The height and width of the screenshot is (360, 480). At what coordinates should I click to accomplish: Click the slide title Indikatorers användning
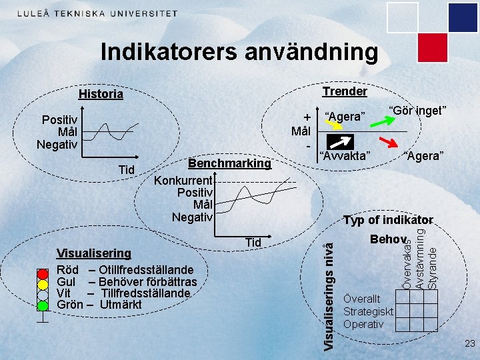coord(239,52)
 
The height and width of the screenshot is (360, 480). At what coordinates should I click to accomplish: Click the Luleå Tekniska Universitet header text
coord(97,13)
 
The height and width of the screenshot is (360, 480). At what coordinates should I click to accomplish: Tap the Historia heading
coord(101,94)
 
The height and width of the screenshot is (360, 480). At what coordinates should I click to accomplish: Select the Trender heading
coord(345,91)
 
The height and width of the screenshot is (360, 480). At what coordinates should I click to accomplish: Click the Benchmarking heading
coord(230,163)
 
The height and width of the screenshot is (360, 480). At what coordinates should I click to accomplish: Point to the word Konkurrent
coord(183,180)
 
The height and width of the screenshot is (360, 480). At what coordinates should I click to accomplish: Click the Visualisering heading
coord(94,253)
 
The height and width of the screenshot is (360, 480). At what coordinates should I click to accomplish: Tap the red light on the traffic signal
coord(43,273)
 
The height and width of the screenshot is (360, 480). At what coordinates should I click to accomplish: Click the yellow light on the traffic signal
coord(43,283)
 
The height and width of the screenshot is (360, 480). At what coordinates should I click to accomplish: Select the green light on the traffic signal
coord(43,305)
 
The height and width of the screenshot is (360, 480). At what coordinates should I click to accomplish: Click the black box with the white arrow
coord(340,142)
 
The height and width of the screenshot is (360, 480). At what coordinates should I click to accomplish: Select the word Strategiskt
coord(368,312)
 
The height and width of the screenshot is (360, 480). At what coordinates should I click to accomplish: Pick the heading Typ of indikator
coord(388,220)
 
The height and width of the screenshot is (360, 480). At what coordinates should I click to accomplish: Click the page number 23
coord(469,344)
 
